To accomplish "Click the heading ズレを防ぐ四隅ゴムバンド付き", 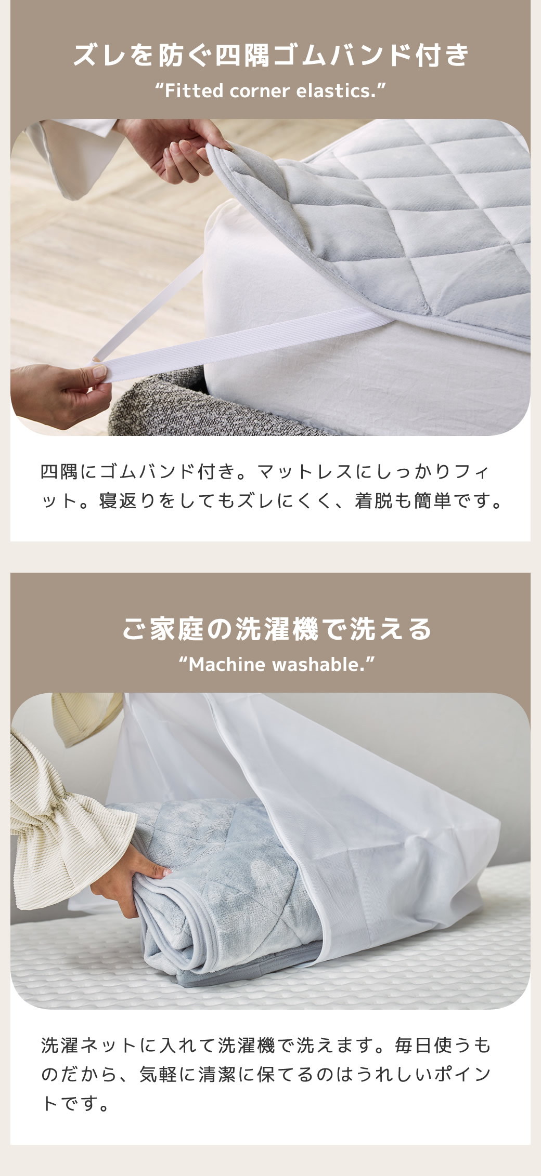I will tap(270, 56).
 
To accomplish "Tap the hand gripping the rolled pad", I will tap(130, 878).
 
